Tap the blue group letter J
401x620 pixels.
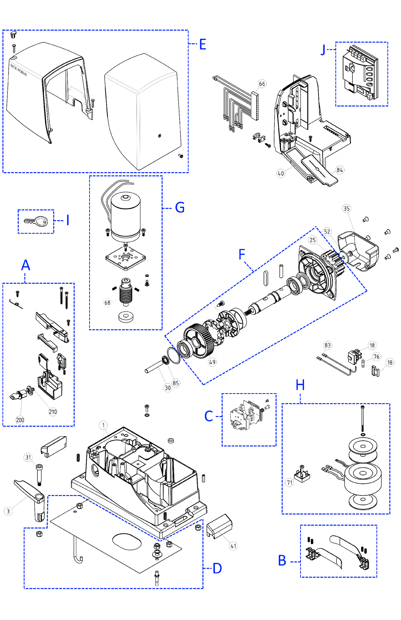[x=323, y=50]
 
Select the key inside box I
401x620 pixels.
[x=36, y=221]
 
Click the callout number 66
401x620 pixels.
[x=262, y=84]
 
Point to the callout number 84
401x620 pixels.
[x=340, y=170]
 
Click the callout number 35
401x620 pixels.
[x=346, y=208]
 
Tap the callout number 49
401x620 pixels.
[x=212, y=362]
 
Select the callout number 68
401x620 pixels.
[x=107, y=302]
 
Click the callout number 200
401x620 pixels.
[x=20, y=420]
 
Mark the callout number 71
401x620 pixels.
[x=289, y=482]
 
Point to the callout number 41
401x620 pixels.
[x=233, y=546]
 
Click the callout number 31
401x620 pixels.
[x=28, y=457]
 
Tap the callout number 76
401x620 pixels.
[x=376, y=357]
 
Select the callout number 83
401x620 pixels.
[x=327, y=345]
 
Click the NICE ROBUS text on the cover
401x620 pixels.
[x=19, y=70]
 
